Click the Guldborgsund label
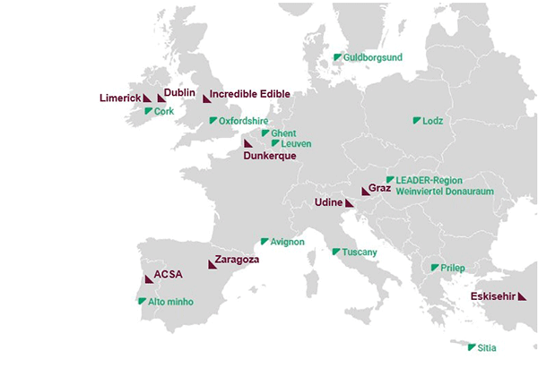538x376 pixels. click(x=372, y=57)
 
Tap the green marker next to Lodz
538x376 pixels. click(x=417, y=120)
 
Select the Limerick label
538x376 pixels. click(x=119, y=97)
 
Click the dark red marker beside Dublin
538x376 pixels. click(x=161, y=98)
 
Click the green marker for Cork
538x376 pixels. click(x=148, y=112)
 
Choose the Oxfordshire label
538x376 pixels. click(x=244, y=121)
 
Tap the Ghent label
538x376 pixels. click(x=283, y=133)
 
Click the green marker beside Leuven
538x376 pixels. click(x=275, y=143)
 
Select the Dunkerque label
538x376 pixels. click(x=270, y=156)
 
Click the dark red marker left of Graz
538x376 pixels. click(x=364, y=191)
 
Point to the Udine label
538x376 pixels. click(x=329, y=204)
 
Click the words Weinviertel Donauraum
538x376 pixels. click(x=444, y=192)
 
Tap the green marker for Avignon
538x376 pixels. click(x=264, y=242)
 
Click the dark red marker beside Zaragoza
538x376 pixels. click(x=212, y=263)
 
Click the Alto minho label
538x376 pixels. click(x=169, y=303)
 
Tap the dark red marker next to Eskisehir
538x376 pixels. click(x=521, y=297)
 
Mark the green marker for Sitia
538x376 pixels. click(x=472, y=347)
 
